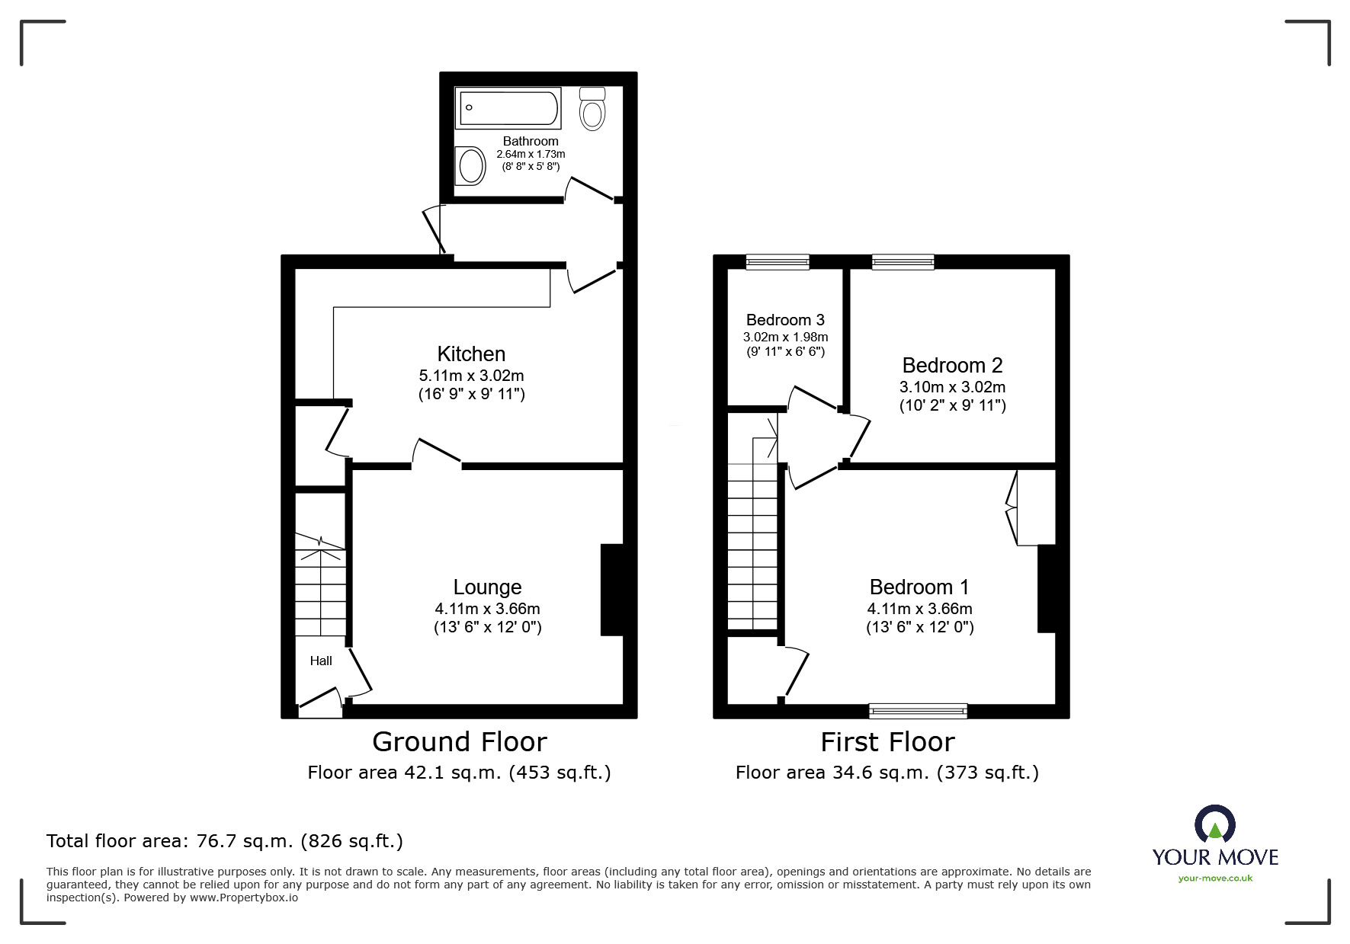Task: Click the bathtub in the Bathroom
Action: coord(508,107)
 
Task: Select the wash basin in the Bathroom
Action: coord(470,165)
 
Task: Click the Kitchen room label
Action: coord(471,354)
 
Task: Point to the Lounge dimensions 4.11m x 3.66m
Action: coord(487,608)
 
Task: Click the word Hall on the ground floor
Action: coord(321,661)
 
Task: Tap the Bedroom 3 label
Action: coord(785,320)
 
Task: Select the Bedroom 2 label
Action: coord(952,365)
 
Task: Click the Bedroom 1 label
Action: coord(919,587)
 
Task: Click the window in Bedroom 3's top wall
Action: coord(778,262)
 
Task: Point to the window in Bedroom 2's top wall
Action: coord(903,262)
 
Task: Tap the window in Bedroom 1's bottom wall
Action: coord(919,711)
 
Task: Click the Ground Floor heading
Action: coord(459,741)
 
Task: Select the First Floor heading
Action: coord(887,741)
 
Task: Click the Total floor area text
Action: coord(225,841)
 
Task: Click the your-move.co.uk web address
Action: coord(1215,878)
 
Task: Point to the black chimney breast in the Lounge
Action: coord(612,589)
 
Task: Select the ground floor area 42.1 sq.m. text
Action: coord(459,773)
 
